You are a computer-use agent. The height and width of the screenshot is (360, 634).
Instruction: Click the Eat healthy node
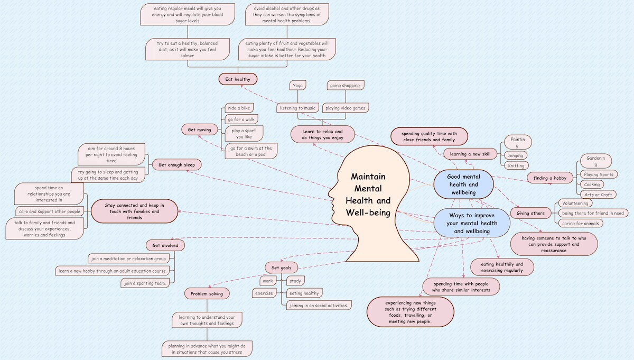pyautogui.click(x=238, y=79)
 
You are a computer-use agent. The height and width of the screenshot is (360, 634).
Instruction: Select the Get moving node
pyautogui.click(x=200, y=130)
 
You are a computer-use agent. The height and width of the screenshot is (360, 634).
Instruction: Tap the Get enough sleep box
pyautogui.click(x=176, y=165)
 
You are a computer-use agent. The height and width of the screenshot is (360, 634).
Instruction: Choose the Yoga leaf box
pyautogui.click(x=298, y=85)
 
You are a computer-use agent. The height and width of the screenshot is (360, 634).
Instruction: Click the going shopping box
pyautogui.click(x=346, y=85)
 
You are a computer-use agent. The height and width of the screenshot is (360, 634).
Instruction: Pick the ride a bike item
pyautogui.click(x=238, y=108)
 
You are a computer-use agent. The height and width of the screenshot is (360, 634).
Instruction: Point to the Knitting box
pyautogui.click(x=515, y=165)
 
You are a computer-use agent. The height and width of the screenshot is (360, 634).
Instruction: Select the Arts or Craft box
pyautogui.click(x=598, y=195)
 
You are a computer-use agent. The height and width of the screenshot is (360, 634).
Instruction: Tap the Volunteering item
pyautogui.click(x=575, y=203)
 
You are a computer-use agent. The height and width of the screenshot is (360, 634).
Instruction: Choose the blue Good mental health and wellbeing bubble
pyautogui.click(x=463, y=184)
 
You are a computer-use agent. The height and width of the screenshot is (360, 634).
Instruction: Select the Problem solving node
pyautogui.click(x=206, y=293)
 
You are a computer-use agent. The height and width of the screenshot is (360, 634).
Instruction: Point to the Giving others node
pyautogui.click(x=530, y=213)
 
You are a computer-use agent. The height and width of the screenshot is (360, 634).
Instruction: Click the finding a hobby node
pyautogui.click(x=549, y=178)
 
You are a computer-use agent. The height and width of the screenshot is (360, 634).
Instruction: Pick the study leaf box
pyautogui.click(x=294, y=281)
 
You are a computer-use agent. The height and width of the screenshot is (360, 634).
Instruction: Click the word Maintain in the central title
pyautogui.click(x=368, y=177)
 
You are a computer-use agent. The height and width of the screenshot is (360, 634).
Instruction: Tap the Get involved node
pyautogui.click(x=165, y=245)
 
